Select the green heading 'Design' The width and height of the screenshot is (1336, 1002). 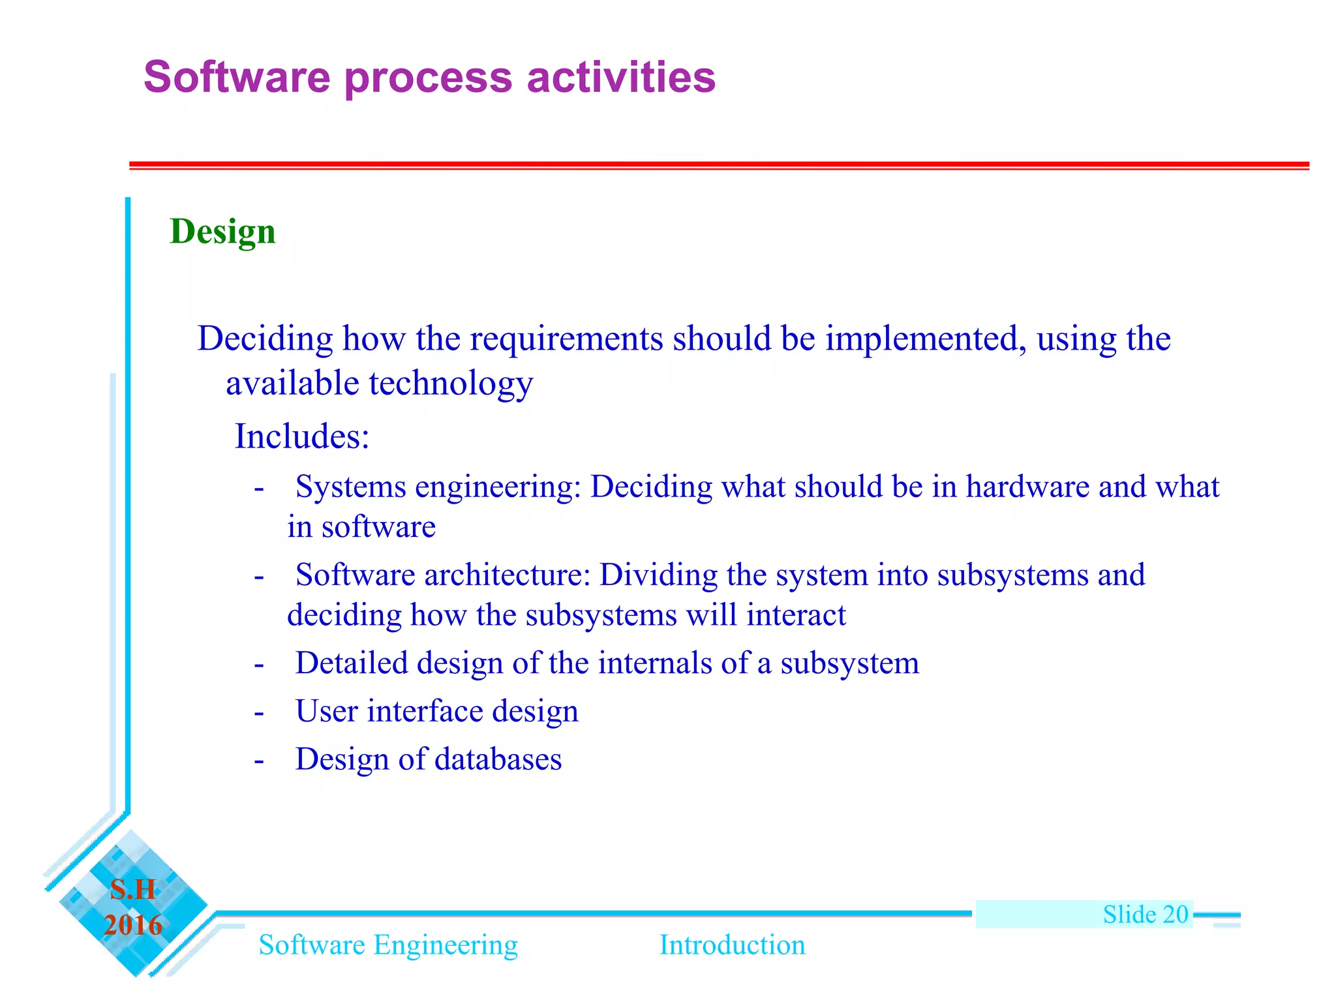point(222,232)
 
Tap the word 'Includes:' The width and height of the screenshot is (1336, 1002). point(302,436)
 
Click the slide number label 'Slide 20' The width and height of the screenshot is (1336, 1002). point(1146,914)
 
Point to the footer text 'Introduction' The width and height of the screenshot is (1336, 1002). point(732,945)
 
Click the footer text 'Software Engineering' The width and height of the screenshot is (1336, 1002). point(388,945)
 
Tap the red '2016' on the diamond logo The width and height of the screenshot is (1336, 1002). point(133,925)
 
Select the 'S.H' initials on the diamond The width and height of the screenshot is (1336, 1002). point(133,889)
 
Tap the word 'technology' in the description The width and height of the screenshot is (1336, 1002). point(451,384)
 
